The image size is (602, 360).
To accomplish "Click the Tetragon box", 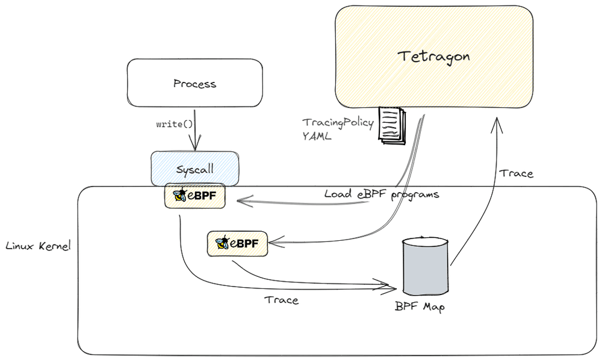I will pyautogui.click(x=433, y=57).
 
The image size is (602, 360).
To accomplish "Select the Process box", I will pyautogui.click(x=194, y=83).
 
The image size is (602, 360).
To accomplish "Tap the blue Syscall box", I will pyautogui.click(x=194, y=169).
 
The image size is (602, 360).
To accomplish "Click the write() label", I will pyautogui.click(x=174, y=125).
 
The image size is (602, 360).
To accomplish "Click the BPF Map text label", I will pyautogui.click(x=420, y=306).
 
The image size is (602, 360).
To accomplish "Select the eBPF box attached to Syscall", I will pyautogui.click(x=194, y=196).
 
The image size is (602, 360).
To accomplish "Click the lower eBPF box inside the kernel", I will pyautogui.click(x=237, y=243).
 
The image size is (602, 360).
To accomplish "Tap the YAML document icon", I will pyautogui.click(x=392, y=125).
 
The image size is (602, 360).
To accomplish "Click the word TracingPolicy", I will pyautogui.click(x=338, y=122).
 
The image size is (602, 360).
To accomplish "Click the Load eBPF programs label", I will pyautogui.click(x=382, y=194).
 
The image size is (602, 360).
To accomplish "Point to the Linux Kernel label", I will pyautogui.click(x=37, y=246).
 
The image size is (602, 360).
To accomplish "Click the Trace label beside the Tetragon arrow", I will pyautogui.click(x=517, y=173).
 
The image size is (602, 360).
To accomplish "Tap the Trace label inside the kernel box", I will pyautogui.click(x=281, y=299).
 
